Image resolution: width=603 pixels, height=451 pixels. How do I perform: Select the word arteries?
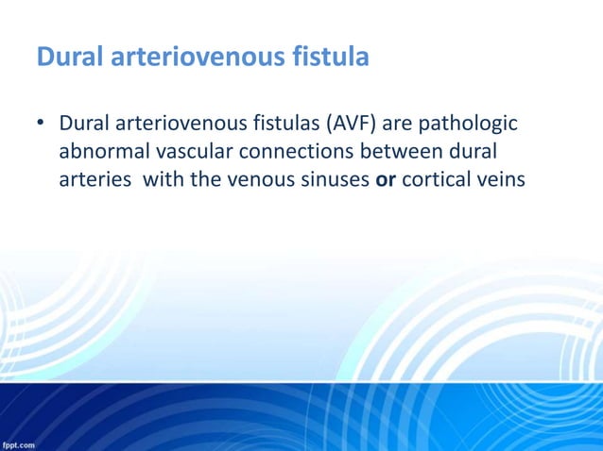tap(95, 179)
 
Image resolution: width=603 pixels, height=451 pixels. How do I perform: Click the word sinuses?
tap(334, 179)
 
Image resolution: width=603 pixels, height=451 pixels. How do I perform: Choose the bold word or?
tap(385, 179)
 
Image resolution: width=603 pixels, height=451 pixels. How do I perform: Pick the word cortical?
tap(434, 179)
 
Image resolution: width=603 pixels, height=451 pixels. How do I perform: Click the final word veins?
tap(496, 179)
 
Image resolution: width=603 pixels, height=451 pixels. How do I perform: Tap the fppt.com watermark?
tap(19, 443)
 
